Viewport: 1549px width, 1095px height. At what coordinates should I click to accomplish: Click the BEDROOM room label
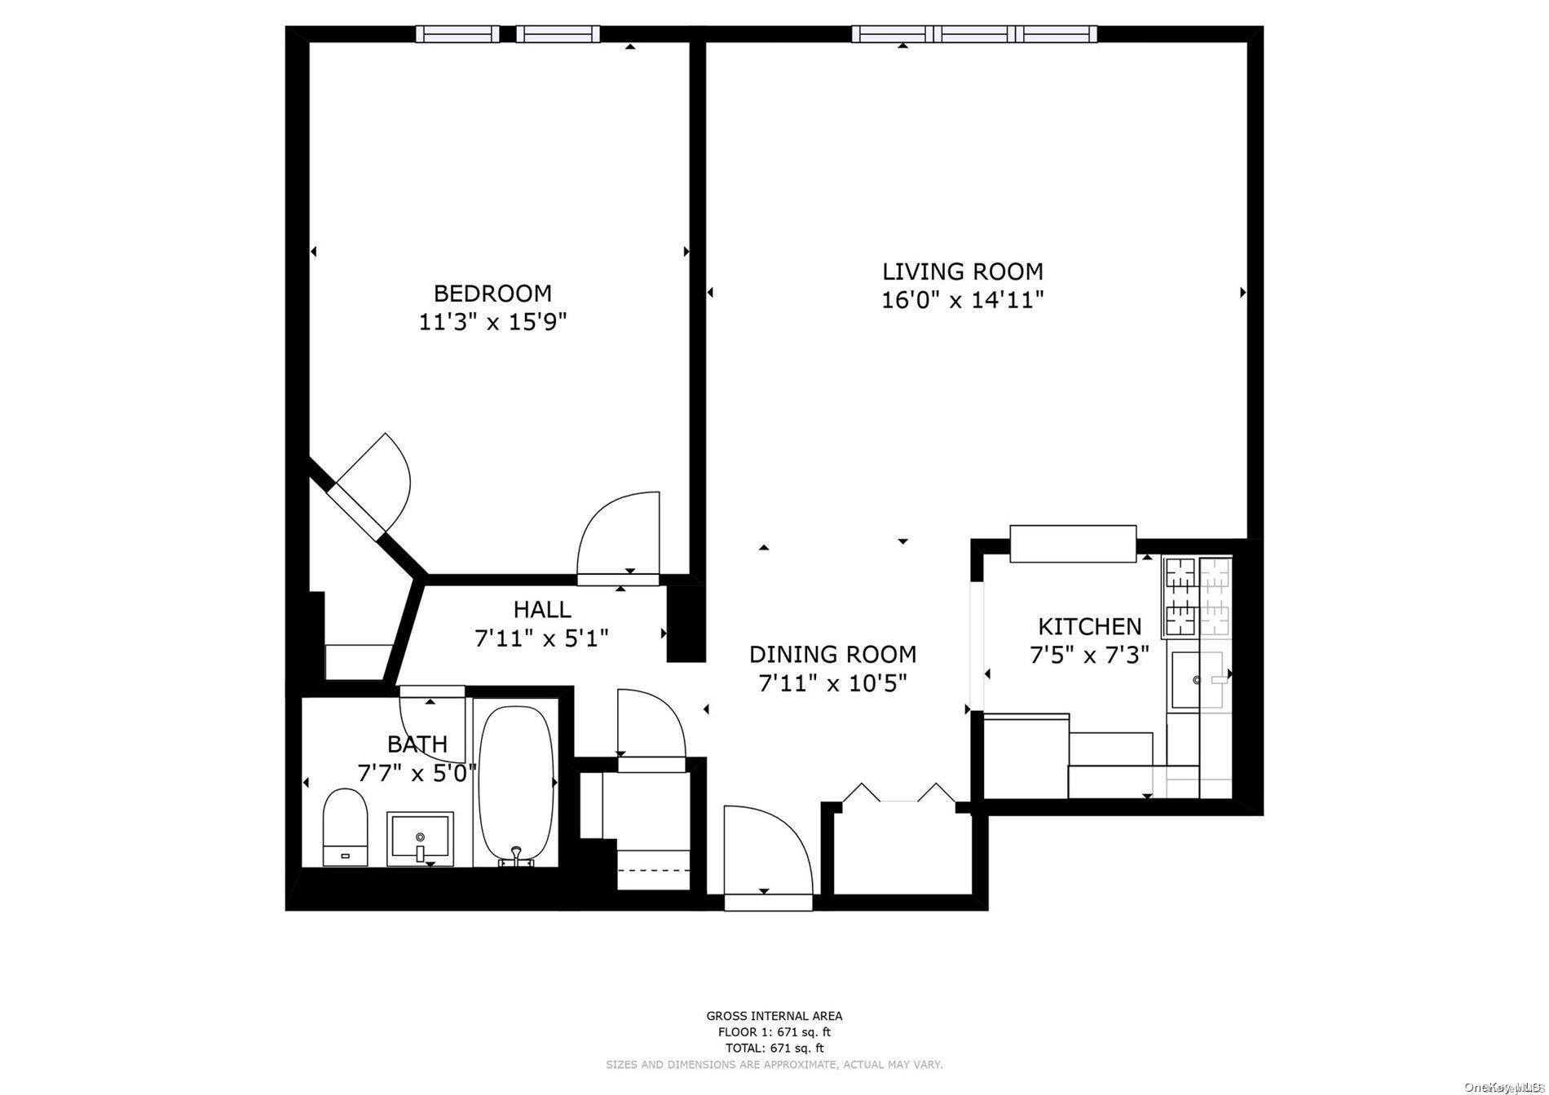[x=492, y=293]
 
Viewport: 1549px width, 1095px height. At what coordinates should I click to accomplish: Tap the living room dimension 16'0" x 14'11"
[x=963, y=300]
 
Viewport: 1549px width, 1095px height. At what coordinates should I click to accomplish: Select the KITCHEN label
[x=1089, y=626]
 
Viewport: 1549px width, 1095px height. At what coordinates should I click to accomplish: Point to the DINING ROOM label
[x=832, y=654]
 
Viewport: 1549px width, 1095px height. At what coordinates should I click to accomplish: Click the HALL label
[x=542, y=609]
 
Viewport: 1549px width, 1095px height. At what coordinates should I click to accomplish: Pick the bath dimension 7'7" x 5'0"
[x=417, y=772]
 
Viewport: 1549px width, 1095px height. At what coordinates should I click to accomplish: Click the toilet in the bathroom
[x=346, y=825]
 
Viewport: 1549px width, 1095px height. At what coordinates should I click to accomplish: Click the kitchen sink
[x=1197, y=679]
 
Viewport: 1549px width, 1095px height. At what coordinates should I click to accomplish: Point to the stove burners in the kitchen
[x=1197, y=596]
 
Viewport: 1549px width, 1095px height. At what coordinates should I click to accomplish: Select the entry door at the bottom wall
[x=768, y=856]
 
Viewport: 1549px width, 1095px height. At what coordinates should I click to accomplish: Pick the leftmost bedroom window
[x=457, y=33]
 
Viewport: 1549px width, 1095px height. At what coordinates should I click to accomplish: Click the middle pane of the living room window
[x=974, y=33]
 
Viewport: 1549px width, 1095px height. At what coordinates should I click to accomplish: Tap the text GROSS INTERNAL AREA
[x=774, y=1016]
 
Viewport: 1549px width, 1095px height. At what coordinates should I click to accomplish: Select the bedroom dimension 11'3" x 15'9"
[x=492, y=322]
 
